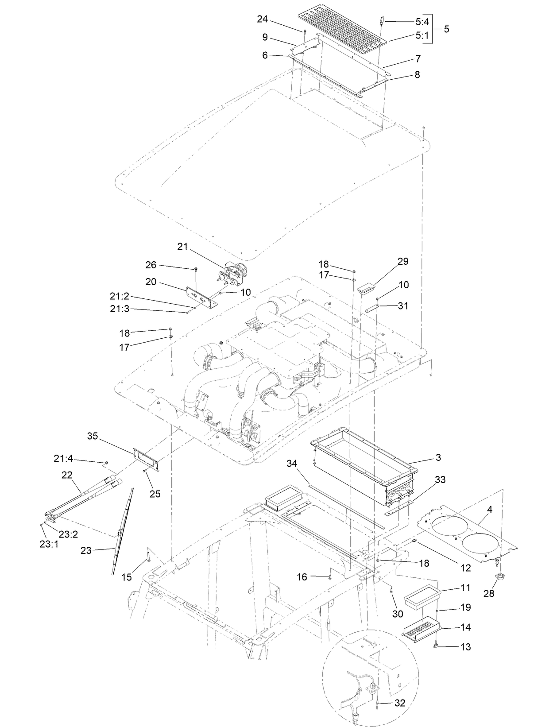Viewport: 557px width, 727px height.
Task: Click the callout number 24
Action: tap(263, 19)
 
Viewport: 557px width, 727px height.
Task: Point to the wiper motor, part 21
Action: tap(235, 272)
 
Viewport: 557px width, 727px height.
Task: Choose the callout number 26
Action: tap(151, 265)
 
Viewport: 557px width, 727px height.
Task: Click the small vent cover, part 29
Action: tap(366, 289)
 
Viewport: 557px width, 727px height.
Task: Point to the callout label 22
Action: tap(67, 475)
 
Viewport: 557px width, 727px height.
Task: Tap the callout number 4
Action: tap(489, 509)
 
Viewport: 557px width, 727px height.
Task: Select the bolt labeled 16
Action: tap(330, 576)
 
